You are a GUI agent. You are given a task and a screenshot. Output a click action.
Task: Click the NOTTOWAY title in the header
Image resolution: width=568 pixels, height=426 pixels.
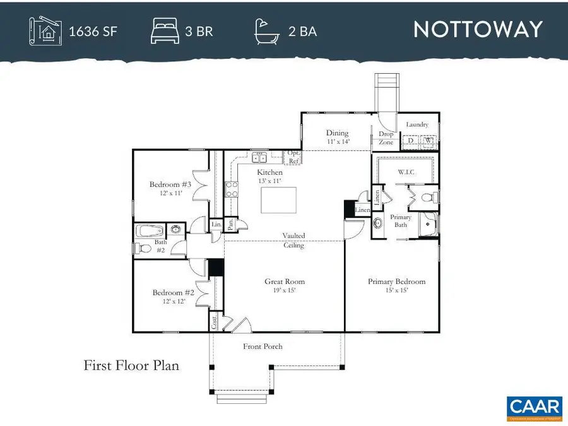coord(478,30)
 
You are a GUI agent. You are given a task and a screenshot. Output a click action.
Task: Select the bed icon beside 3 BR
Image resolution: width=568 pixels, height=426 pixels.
coord(165,30)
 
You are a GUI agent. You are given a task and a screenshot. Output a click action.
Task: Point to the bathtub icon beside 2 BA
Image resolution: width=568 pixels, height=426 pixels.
coord(268,30)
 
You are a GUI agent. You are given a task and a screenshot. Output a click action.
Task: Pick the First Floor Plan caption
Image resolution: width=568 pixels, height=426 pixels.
coord(131,365)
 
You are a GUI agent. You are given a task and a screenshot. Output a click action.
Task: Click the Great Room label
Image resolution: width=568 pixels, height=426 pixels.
coord(285,281)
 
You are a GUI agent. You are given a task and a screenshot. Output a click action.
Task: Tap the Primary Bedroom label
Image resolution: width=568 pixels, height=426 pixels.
coord(396,281)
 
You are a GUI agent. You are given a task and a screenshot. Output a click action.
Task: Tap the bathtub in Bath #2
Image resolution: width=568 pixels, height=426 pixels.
coord(151,230)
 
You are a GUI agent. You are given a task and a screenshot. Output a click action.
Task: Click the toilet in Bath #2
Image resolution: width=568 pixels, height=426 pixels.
coord(145,248)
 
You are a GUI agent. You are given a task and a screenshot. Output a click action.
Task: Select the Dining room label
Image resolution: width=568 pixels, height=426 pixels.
coord(338,133)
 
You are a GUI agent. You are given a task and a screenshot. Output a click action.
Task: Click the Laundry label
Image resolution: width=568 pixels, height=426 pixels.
coord(417,124)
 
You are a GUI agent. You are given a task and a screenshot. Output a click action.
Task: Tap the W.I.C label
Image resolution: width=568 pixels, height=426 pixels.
coord(405,171)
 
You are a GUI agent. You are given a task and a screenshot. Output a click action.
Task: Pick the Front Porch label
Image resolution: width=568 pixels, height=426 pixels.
coord(263,346)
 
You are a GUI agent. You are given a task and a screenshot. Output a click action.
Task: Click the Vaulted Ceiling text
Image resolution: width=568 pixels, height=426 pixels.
coord(293,240)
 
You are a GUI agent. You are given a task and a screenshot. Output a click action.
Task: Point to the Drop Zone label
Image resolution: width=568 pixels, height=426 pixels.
coord(386,138)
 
